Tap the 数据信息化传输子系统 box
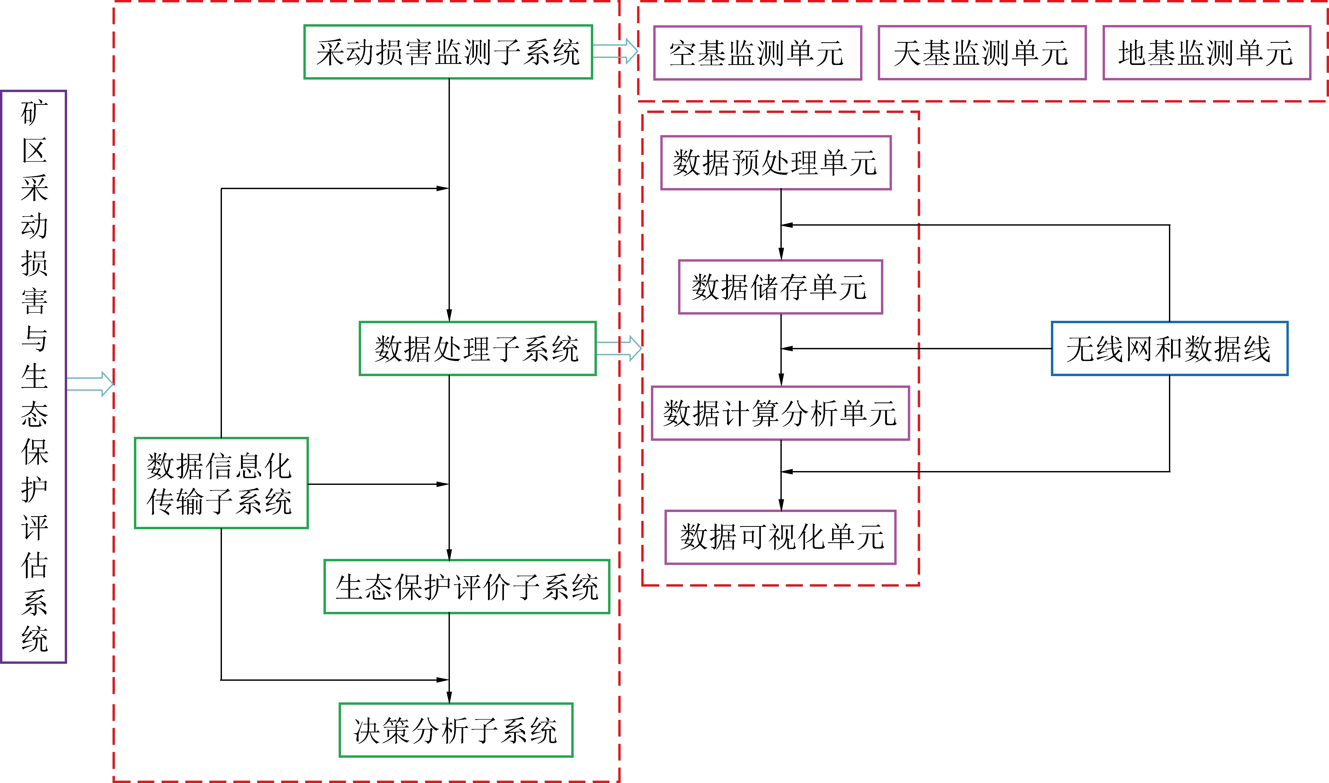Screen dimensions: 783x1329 click(221, 483)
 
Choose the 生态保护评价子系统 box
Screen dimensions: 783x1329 click(467, 587)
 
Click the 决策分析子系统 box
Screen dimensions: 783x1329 click(456, 730)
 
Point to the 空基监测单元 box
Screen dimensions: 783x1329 click(757, 53)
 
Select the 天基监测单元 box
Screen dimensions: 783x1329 click(981, 53)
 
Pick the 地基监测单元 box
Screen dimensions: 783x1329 click(1207, 53)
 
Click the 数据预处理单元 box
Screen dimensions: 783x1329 click(776, 162)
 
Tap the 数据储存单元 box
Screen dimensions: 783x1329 click(780, 287)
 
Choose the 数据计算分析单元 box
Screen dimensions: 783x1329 click(780, 413)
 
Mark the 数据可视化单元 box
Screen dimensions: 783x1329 click(780, 537)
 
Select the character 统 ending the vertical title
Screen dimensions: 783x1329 click(34, 640)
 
